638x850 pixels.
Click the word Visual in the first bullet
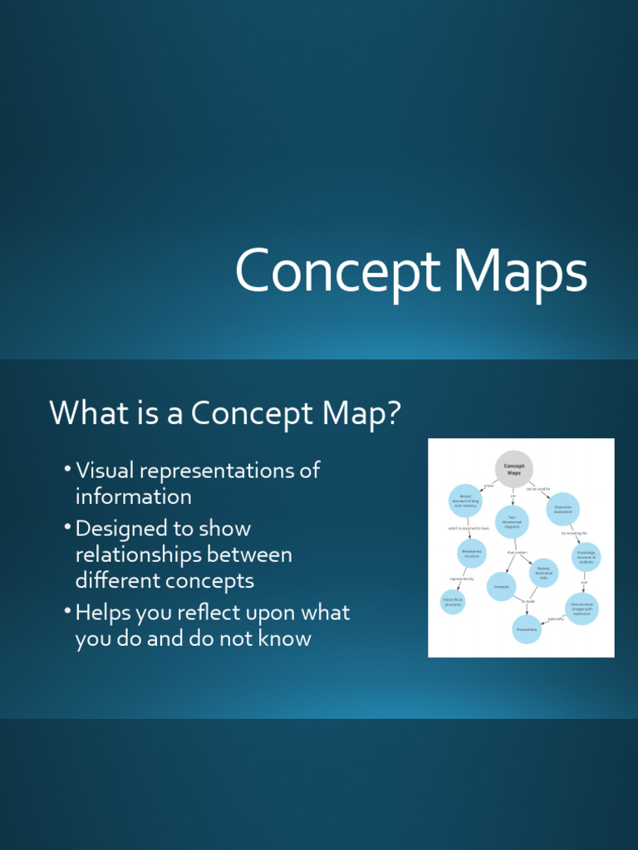coord(105,471)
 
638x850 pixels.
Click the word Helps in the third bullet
coord(103,613)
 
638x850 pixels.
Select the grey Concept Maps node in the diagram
coord(513,469)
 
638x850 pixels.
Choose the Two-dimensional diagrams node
coord(512,522)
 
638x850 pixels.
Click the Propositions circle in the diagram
coord(527,629)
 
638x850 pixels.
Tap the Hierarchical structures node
coord(453,603)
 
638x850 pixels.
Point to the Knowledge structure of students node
coord(586,557)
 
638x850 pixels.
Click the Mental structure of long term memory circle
coord(465,501)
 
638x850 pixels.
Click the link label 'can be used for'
coord(537,489)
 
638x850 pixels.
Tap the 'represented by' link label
coord(462,579)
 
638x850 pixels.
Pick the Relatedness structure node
coord(472,553)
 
